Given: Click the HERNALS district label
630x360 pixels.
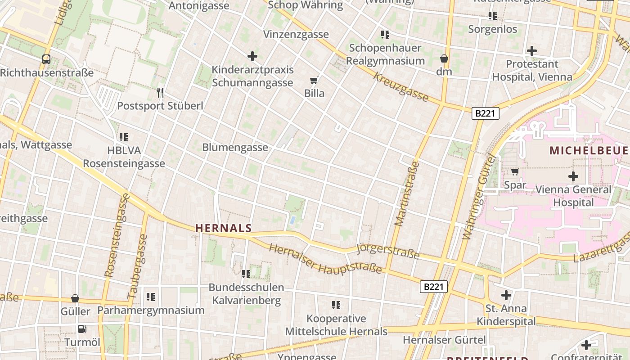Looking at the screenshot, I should click(223, 228).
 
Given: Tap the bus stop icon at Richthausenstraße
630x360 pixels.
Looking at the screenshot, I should click(46, 59).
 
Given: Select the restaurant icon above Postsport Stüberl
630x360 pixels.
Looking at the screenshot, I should click(160, 93).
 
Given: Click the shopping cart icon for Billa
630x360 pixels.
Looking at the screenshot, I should click(314, 81).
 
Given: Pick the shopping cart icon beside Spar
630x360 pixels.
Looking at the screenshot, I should click(515, 171).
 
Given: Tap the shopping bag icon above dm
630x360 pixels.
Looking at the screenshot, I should click(444, 58).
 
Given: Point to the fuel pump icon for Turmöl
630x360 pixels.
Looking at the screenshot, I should click(82, 329).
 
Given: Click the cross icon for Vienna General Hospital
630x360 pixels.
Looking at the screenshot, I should click(573, 176).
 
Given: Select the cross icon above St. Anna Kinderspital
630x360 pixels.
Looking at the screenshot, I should click(506, 295).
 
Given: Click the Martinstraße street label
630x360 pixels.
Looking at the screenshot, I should click(407, 193).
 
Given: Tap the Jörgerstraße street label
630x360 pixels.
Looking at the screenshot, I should click(387, 252).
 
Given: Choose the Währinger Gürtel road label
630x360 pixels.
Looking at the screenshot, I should click(478, 197).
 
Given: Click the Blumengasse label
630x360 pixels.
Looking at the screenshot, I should click(235, 147).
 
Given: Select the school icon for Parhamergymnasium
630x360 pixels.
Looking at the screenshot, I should click(151, 297).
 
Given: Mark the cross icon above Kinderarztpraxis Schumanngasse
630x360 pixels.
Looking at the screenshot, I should click(252, 56).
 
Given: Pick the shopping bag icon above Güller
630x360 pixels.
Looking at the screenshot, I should click(75, 298).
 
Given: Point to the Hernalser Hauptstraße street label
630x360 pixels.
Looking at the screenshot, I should click(325, 259).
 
